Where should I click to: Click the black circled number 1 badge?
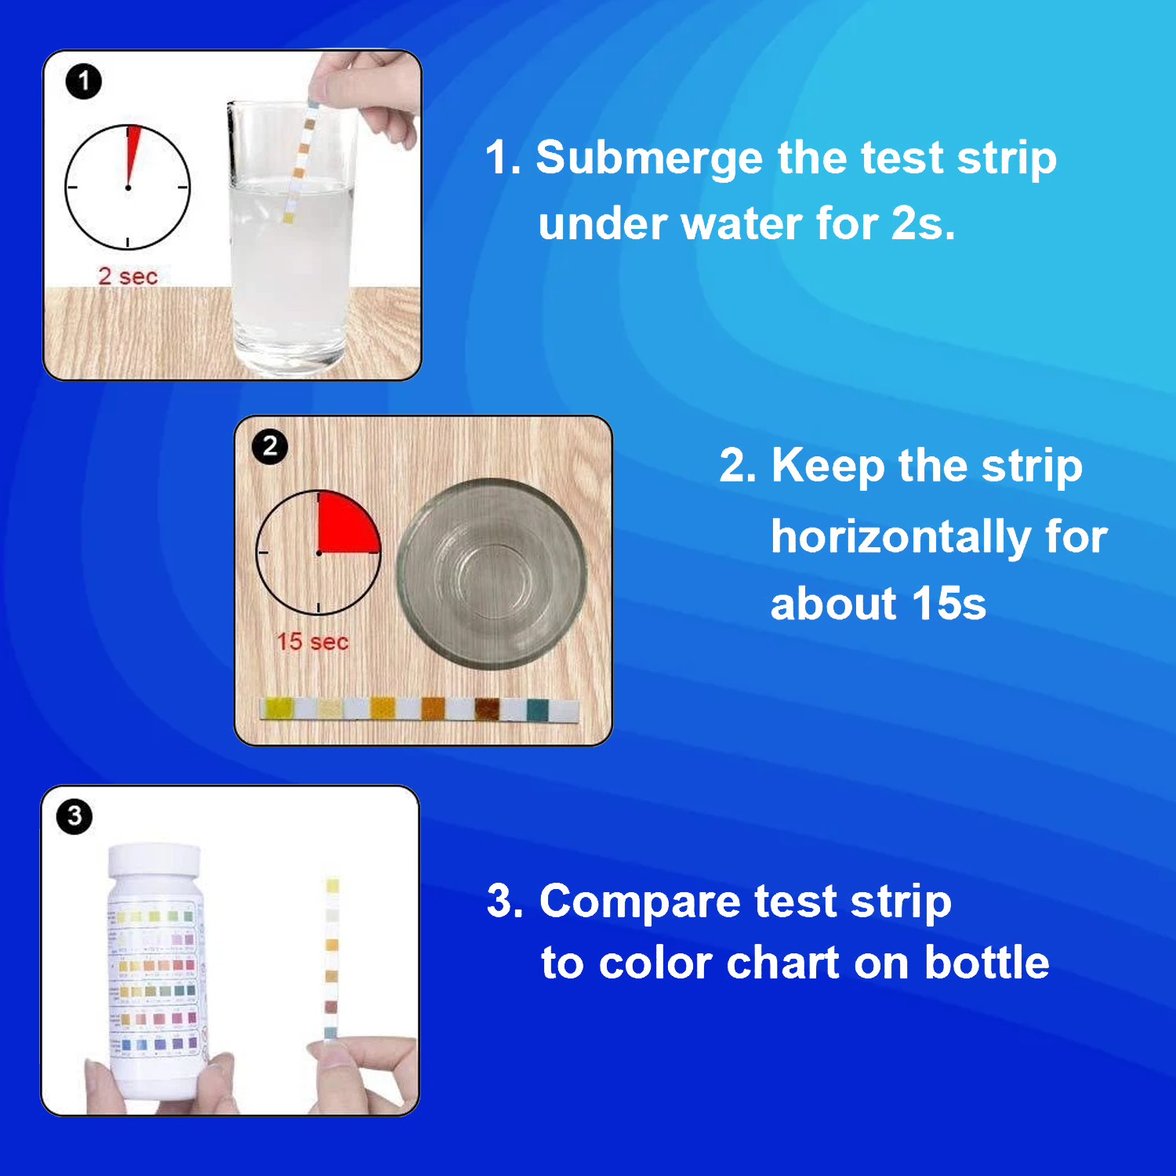84,82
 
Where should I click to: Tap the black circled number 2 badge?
270,447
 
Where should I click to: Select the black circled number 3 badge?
74,816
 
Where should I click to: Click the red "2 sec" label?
128,276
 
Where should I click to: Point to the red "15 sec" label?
312,641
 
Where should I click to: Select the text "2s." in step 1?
923,224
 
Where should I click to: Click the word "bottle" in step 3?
986,963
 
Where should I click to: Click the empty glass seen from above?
492,574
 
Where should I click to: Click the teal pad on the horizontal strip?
538,710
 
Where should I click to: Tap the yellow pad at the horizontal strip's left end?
278,708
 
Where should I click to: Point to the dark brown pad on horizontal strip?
486,709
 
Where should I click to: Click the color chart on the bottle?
154,980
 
